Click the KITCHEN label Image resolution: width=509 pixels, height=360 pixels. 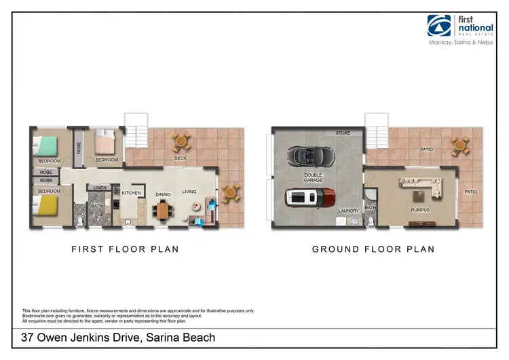(131, 193)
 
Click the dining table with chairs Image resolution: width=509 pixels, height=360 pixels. (164, 212)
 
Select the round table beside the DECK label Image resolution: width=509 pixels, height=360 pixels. (181, 143)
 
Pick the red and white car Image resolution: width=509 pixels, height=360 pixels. (309, 198)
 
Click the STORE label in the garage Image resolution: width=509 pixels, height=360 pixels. (343, 133)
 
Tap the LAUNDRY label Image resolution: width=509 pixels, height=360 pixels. (347, 211)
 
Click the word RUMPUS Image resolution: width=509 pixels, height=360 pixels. (420, 210)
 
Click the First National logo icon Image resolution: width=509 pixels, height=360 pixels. (439, 25)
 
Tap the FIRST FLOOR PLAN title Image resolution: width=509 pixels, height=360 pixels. (125, 249)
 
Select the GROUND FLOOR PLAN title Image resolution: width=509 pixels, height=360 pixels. (373, 249)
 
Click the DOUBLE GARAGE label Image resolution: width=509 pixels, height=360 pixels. (314, 177)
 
